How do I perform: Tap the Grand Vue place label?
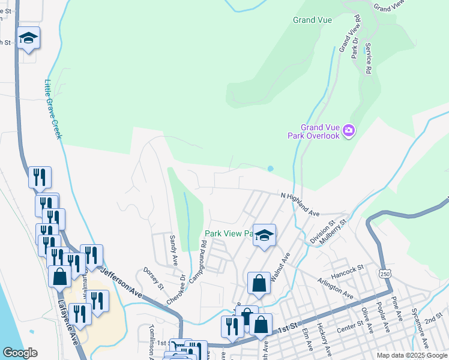coord(312,20)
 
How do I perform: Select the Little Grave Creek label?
coord(53,109)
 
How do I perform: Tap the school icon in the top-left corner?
coord(28,38)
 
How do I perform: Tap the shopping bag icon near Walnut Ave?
coord(258,283)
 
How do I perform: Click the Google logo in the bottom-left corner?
coord(20,353)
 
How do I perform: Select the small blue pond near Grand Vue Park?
coord(270,169)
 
